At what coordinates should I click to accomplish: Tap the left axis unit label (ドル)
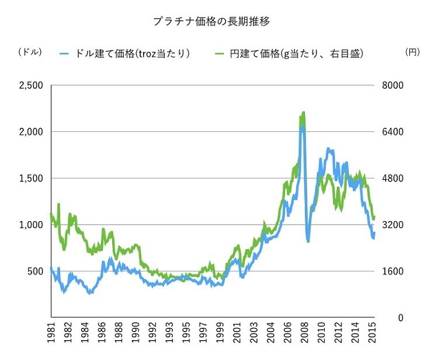pyautogui.click(x=30, y=52)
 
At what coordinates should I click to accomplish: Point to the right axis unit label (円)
pyautogui.click(x=412, y=52)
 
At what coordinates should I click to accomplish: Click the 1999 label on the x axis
pyautogui.click(x=221, y=337)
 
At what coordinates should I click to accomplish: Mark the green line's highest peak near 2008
pyautogui.click(x=304, y=112)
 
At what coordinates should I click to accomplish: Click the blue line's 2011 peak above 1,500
pyautogui.click(x=329, y=149)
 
